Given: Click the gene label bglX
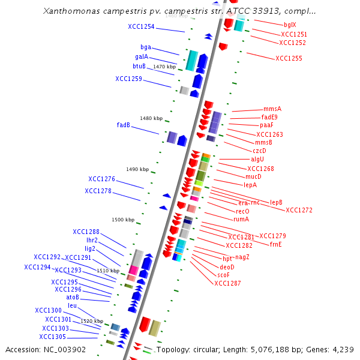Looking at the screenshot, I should pos(290,25).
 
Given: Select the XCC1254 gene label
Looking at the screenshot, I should pos(141,27).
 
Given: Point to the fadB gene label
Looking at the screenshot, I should pos(124,125).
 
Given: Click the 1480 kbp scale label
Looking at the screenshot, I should pos(151,118).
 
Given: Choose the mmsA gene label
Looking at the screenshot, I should pos(272,109).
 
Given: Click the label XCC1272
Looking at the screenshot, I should pos(299,210).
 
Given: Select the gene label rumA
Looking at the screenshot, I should pos(242,220).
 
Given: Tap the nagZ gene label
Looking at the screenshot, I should pos(242,257).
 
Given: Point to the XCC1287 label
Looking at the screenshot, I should pos(227,283).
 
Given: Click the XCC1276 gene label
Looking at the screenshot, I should pos(101,179).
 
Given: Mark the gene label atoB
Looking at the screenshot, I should pos(73,297).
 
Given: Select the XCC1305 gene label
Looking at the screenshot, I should pos(53,337).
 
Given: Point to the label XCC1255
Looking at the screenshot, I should pos(289,58).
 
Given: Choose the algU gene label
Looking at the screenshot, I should pos(257,159).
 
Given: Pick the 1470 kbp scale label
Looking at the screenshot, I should pos(165,67).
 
